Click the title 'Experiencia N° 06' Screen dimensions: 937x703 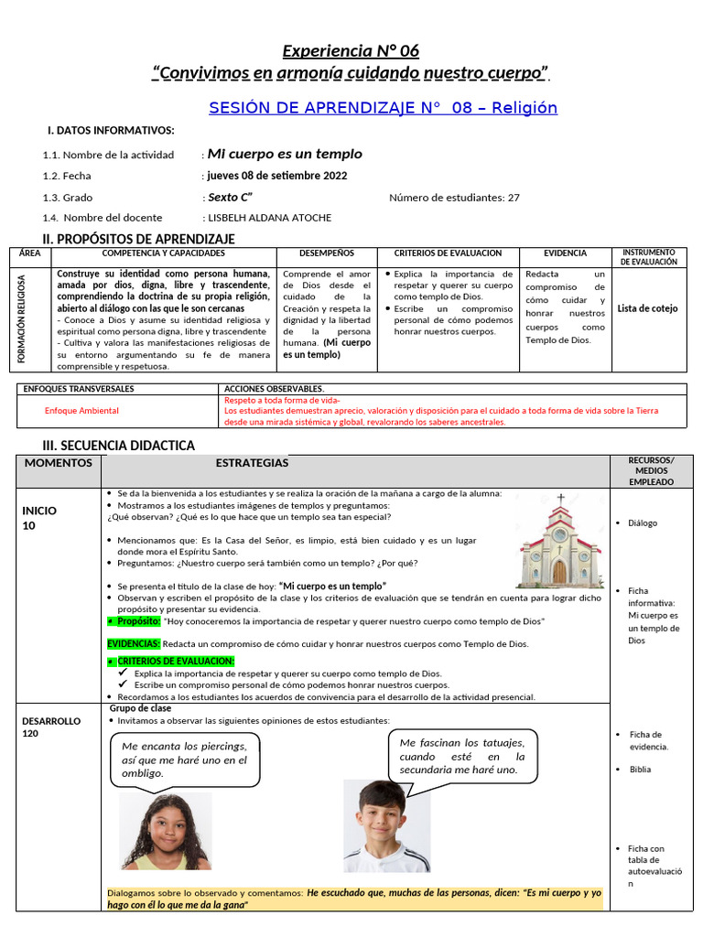(x=351, y=50)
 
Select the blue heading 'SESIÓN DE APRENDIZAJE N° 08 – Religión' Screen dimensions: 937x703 (x=383, y=108)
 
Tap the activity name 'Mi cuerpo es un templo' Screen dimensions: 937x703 (x=285, y=154)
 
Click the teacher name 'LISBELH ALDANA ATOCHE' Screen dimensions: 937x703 (x=270, y=218)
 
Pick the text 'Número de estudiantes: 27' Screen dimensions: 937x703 (x=454, y=197)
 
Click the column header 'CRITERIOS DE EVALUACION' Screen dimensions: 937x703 (x=448, y=253)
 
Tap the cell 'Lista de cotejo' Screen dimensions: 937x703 (x=648, y=308)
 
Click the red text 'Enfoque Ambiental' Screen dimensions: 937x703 (x=81, y=411)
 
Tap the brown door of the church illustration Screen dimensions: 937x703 (x=559, y=572)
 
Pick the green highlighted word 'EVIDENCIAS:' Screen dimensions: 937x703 (x=134, y=644)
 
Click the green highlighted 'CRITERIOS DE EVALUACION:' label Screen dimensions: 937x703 (x=175, y=661)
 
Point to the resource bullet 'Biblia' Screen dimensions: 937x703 (x=640, y=770)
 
